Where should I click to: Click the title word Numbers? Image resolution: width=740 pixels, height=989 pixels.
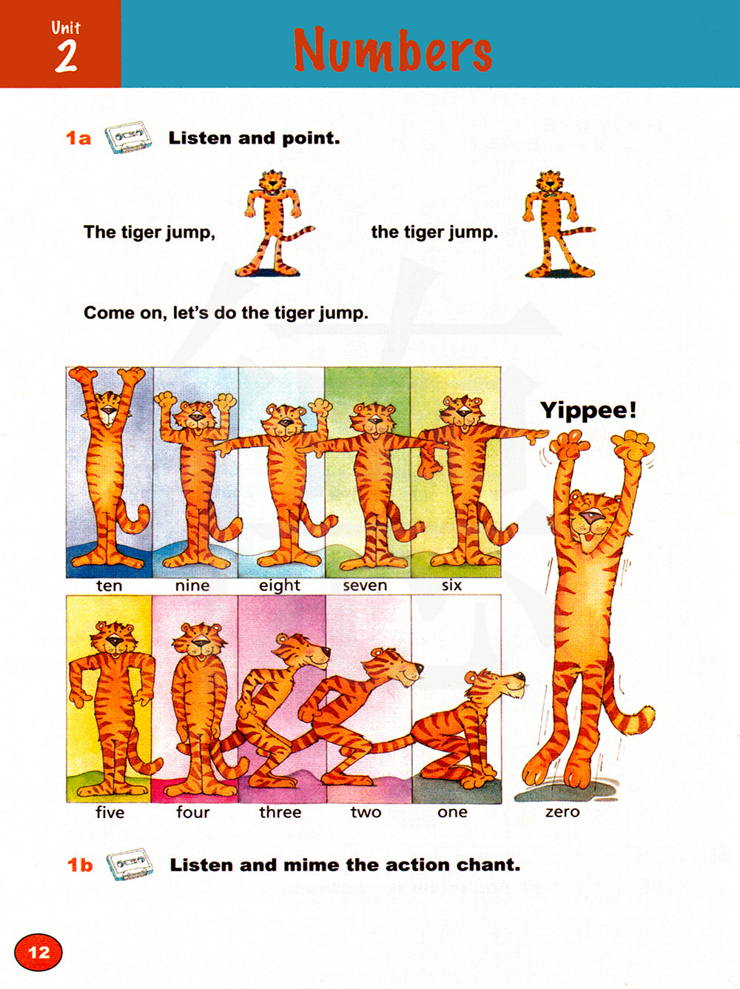[393, 50]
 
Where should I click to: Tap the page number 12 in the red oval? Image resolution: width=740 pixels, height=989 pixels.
[38, 953]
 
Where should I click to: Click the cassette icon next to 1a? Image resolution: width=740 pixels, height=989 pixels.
[128, 137]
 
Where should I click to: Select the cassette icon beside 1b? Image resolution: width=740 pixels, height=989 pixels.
[129, 864]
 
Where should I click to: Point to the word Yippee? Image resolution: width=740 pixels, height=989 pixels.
[588, 411]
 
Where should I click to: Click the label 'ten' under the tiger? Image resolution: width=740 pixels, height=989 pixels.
[109, 586]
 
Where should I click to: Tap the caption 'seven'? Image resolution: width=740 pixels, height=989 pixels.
[365, 586]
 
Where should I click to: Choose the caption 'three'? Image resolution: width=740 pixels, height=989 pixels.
[280, 812]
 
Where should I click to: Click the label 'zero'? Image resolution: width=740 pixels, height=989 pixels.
[562, 812]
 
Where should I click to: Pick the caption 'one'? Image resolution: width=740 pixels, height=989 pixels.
[452, 812]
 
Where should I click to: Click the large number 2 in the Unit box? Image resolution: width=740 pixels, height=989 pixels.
[66, 56]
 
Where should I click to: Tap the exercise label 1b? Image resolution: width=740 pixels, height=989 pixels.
[80, 865]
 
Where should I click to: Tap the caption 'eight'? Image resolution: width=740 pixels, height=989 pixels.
[279, 586]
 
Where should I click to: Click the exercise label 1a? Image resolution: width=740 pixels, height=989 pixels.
[78, 138]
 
